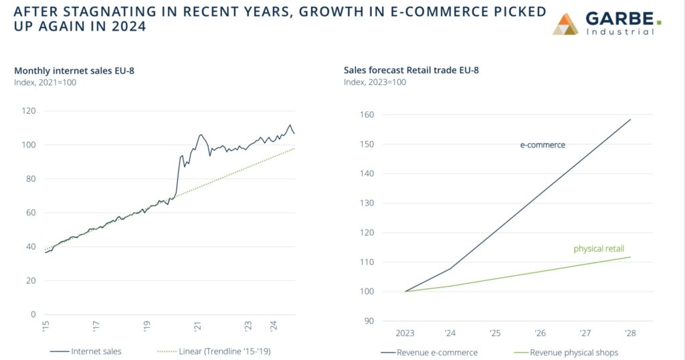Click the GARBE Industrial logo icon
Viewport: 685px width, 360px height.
pos(566,23)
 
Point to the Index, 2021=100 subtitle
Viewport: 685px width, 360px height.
pos(45,82)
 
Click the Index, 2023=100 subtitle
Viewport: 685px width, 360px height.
pos(375,82)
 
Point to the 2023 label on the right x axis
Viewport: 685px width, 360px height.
pos(405,332)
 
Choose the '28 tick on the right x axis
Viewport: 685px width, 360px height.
pos(631,332)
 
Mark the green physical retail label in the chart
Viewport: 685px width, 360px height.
pos(599,249)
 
